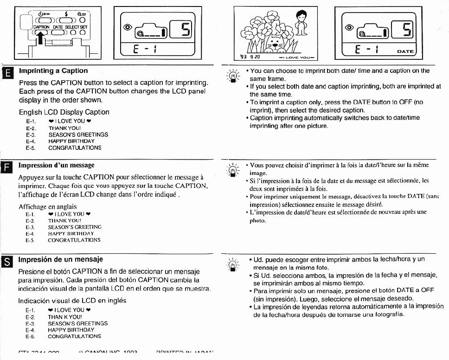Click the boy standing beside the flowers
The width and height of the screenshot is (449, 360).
coord(302,23)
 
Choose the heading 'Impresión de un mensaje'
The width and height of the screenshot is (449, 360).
coord(60,259)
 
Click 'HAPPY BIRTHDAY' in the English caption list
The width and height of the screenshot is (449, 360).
coord(71,141)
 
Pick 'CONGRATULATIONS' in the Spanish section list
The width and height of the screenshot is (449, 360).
coord(75,336)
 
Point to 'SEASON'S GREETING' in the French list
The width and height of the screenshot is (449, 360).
coord(75,227)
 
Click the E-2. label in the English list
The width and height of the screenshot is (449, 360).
coord(31,128)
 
